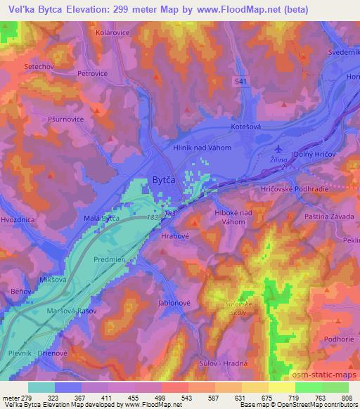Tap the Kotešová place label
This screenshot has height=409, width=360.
click(246, 127)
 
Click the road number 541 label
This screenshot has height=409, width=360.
click(241, 82)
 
